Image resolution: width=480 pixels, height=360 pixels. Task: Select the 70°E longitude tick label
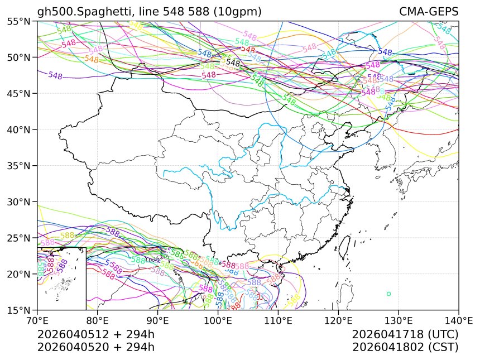tap(37, 321)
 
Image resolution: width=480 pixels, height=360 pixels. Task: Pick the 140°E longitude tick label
tap(458, 321)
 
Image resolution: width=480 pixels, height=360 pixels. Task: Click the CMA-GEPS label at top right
tap(429, 12)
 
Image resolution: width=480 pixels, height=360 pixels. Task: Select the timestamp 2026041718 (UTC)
tap(405, 335)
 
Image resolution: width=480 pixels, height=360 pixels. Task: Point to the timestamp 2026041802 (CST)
tap(405, 347)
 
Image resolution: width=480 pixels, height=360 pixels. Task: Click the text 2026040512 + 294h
tap(95, 335)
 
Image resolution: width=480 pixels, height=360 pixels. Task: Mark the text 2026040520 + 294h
tap(95, 347)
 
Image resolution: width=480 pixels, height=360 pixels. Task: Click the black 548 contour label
tap(233, 63)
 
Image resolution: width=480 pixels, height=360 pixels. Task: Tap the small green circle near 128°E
tap(388, 294)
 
